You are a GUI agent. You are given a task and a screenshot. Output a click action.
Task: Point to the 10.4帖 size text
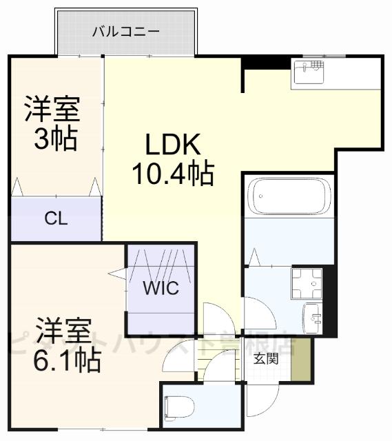[x=172, y=173]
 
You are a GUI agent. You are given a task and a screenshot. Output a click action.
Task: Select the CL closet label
[x=55, y=220]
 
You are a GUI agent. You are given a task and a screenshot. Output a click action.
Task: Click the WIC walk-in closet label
[x=161, y=288]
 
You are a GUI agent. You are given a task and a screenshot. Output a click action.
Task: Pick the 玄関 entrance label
[x=265, y=358]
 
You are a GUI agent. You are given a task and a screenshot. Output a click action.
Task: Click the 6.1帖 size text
[x=68, y=359]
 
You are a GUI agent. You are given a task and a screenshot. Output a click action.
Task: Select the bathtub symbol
[x=289, y=196]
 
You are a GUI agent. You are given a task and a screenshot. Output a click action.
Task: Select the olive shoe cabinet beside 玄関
[x=300, y=359]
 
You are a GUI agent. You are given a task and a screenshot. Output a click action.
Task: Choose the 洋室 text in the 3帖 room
[x=53, y=109]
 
